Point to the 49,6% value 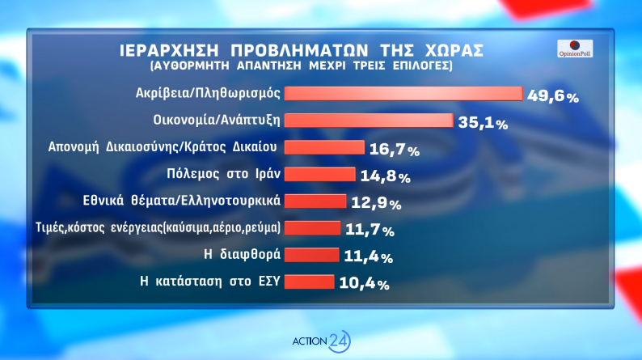point(553,96)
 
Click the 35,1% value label point(482,124)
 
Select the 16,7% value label point(394,150)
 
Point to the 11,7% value point(370,231)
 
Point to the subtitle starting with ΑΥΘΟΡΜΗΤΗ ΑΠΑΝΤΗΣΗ point(301,65)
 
